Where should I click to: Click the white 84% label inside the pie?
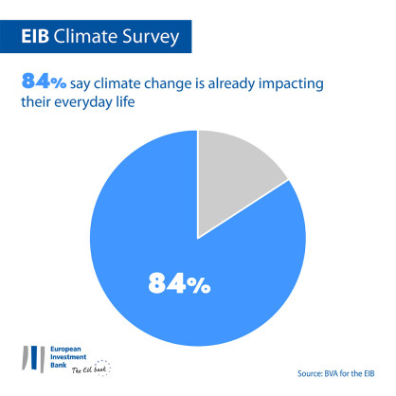click(178, 283)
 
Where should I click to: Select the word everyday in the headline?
click(95, 104)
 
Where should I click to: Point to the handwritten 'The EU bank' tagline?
click(83, 371)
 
